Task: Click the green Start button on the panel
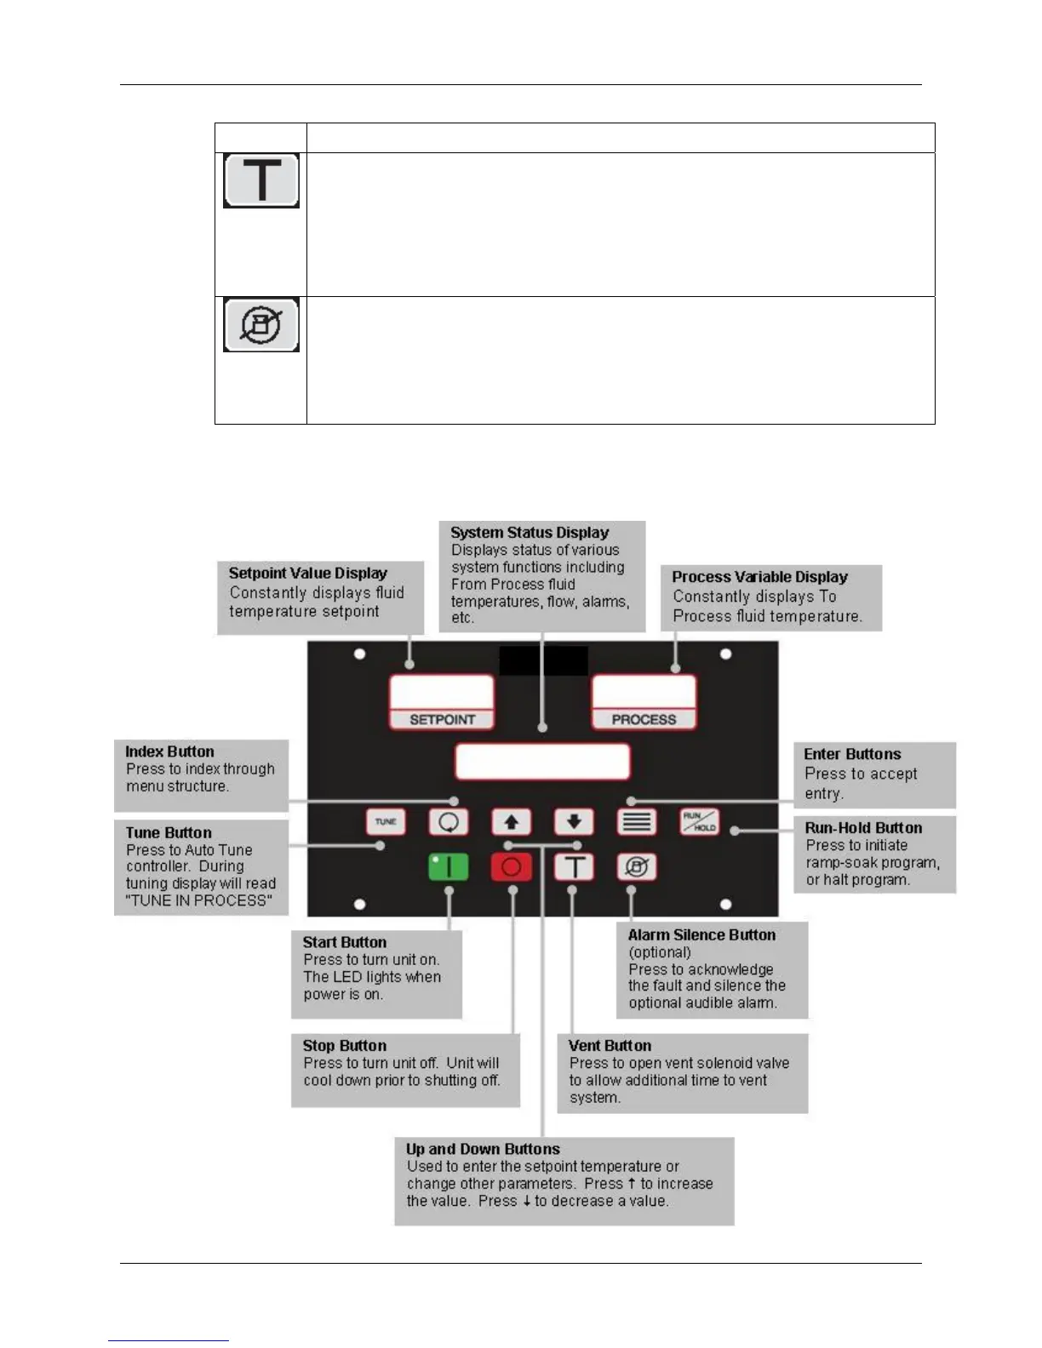coord(448,867)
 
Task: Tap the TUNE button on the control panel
coord(386,822)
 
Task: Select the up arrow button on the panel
coord(512,822)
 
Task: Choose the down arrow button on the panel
coord(574,822)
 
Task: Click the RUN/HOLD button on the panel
coord(700,822)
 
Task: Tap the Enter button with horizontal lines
coord(637,822)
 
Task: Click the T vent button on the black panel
coord(575,867)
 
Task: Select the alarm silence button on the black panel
coord(637,867)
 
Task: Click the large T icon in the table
coord(261,180)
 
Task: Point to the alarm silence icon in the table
coord(261,324)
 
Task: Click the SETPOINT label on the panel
coord(442,720)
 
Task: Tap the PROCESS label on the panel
coord(644,720)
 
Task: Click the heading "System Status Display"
coord(530,533)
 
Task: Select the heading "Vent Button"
coord(610,1046)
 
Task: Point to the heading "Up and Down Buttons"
coord(483,1149)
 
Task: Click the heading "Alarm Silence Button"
coord(701,934)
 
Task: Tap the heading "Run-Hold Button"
coord(863,828)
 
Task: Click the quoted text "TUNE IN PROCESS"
coord(199,900)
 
